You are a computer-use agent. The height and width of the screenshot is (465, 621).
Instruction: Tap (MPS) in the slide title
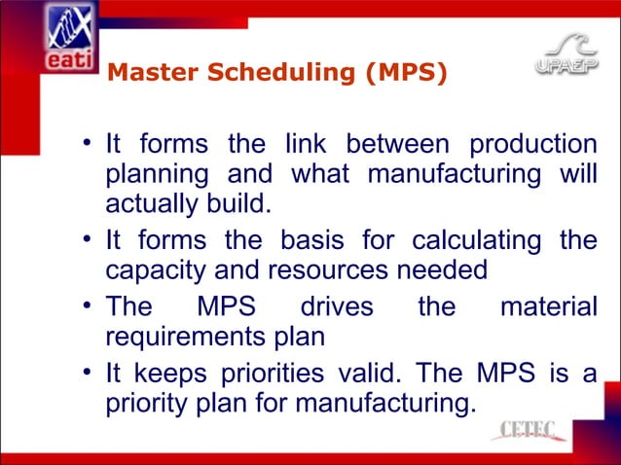(x=407, y=71)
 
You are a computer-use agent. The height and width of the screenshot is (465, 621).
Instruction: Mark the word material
(x=547, y=307)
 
